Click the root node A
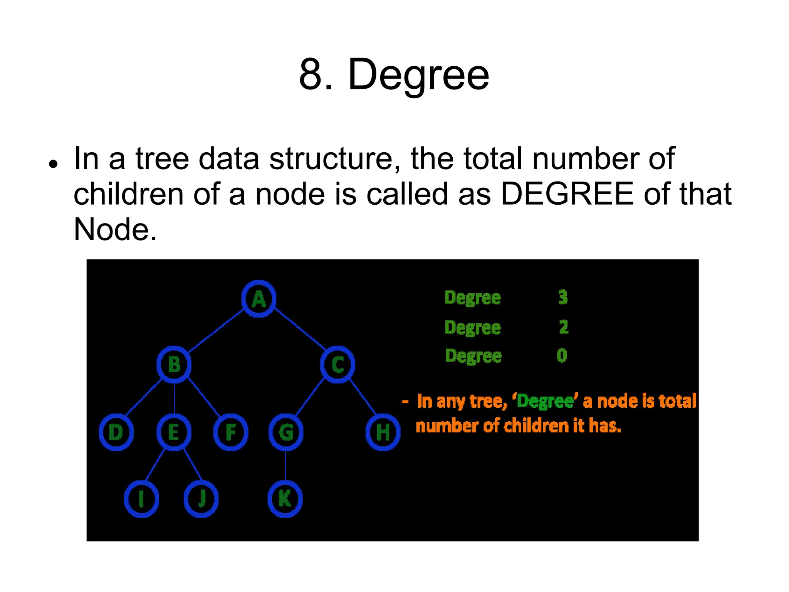coord(259,299)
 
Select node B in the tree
coord(174,364)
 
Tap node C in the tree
coord(337,364)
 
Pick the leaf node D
coord(116,432)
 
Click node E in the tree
coord(174,432)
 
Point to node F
coord(231,432)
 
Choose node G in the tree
coord(286,432)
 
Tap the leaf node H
coord(383,432)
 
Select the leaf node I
coord(141,499)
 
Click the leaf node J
coord(201,499)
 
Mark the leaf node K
coord(285,499)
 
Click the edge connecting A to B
coord(216,331)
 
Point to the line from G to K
coord(285,466)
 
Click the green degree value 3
coord(563,297)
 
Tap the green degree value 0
coord(562,355)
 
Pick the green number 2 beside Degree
coord(564,327)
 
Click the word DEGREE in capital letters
coord(567,194)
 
